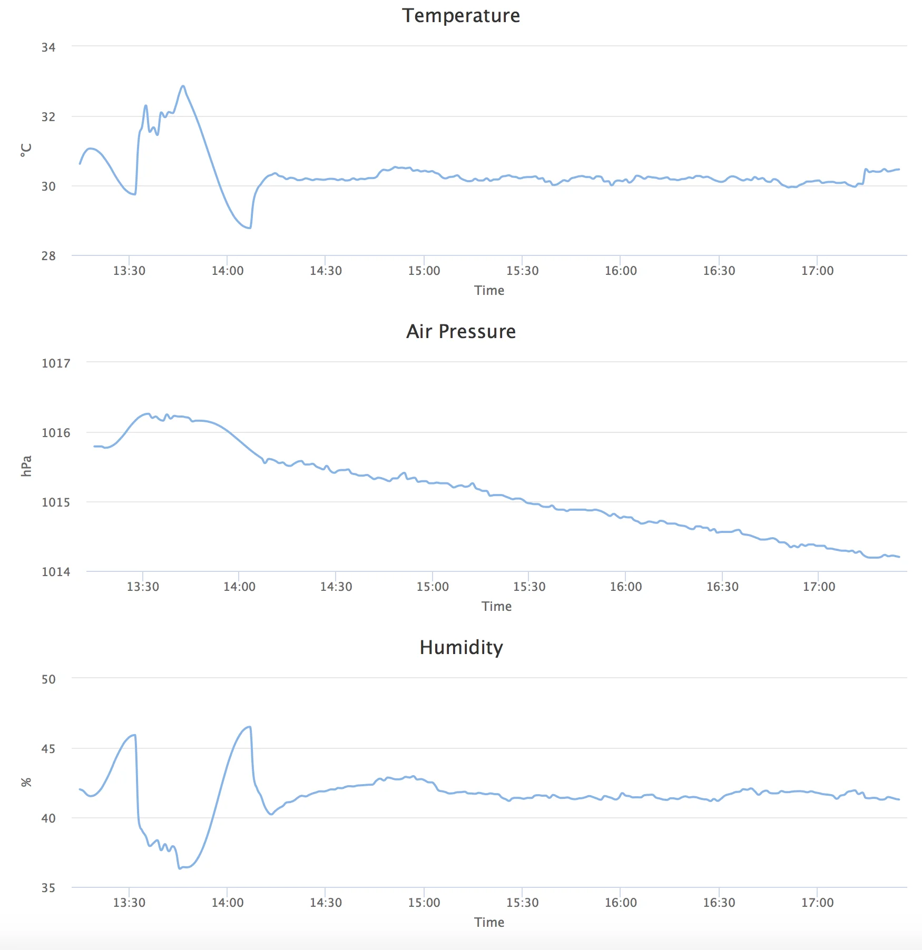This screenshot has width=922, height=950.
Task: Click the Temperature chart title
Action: tap(461, 16)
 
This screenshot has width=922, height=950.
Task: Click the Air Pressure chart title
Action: tap(461, 331)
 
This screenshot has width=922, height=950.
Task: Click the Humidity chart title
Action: tap(461, 647)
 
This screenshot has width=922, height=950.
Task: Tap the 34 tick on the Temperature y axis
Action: tap(48, 47)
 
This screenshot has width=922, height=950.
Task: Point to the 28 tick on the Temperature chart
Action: tap(48, 256)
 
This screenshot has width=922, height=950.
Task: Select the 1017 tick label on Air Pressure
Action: tap(56, 363)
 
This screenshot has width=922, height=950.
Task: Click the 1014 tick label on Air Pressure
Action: tap(56, 572)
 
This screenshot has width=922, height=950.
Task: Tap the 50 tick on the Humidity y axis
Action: tap(48, 679)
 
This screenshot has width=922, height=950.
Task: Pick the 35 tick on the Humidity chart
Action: tap(48, 888)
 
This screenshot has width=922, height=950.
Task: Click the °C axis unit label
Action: tap(26, 150)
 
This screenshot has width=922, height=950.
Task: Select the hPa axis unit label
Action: tap(26, 466)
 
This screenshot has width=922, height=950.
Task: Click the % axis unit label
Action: tap(26, 782)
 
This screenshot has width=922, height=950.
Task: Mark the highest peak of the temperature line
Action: tap(183, 86)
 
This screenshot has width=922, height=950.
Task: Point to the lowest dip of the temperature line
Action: tap(249, 227)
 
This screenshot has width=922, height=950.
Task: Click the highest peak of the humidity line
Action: tap(250, 727)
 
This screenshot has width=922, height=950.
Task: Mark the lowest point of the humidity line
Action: tap(180, 868)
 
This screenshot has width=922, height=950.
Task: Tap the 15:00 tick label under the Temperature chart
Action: tap(424, 271)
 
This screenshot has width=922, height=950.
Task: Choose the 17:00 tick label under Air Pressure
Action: tap(819, 587)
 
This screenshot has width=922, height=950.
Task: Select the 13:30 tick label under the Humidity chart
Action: tap(129, 903)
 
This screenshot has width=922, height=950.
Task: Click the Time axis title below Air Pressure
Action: tap(496, 607)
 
